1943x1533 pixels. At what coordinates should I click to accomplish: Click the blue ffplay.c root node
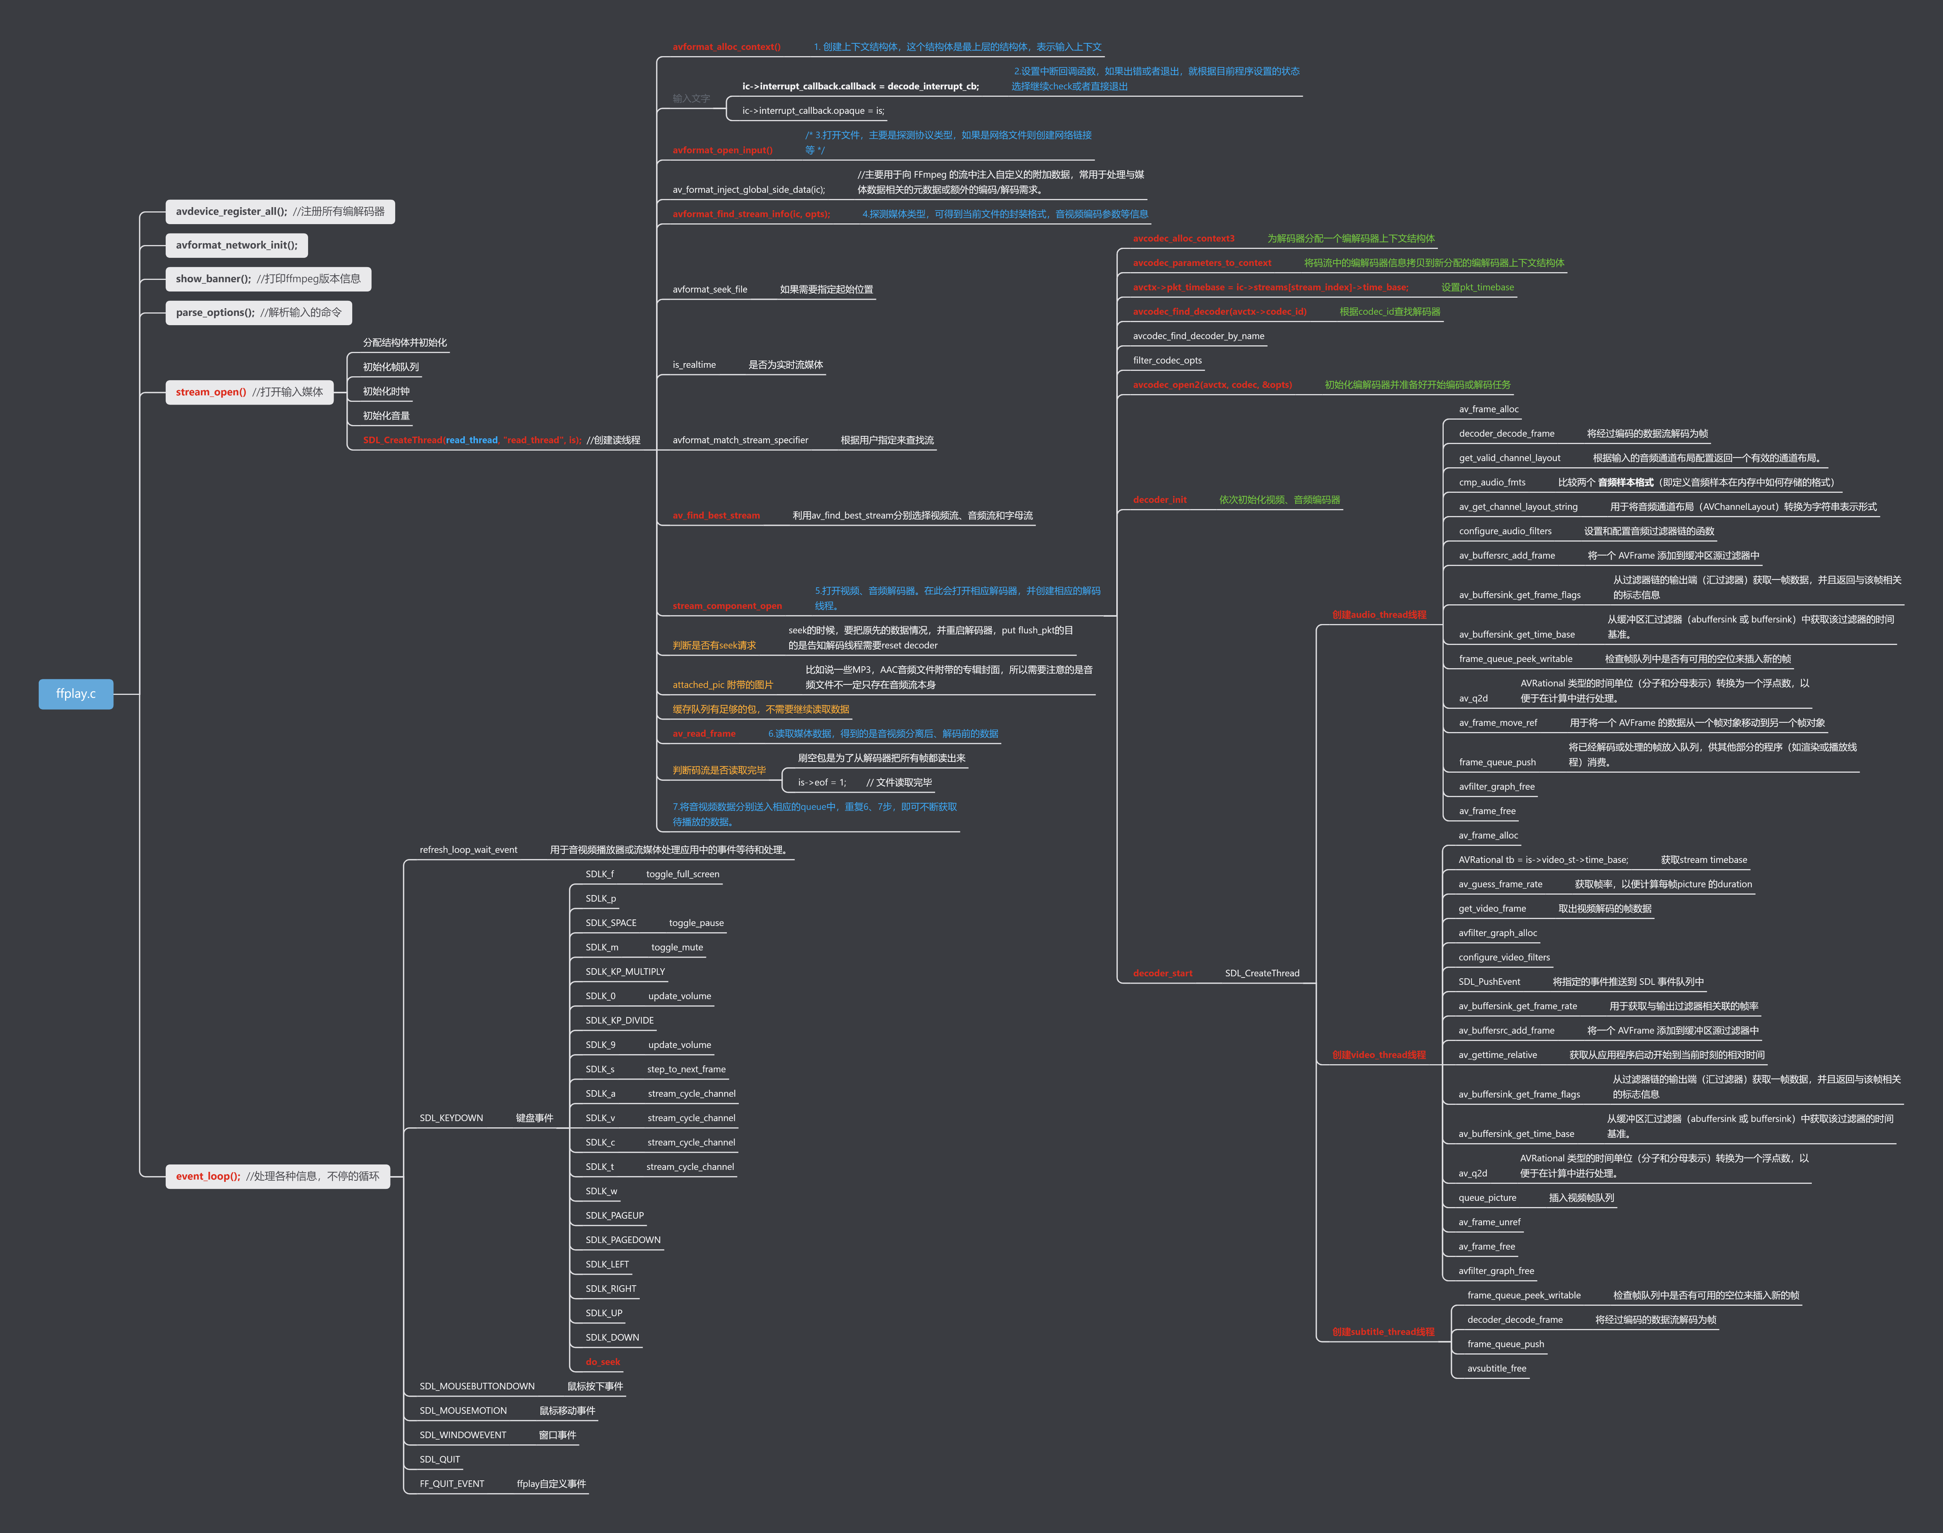tap(75, 694)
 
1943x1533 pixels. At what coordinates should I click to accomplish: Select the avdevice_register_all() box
tap(279, 212)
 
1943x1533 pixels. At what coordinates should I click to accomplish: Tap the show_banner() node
tap(267, 279)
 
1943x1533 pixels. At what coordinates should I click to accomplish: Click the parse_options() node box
tap(259, 312)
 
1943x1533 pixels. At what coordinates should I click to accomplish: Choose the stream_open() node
tap(248, 392)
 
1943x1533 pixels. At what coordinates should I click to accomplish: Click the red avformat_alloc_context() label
tap(726, 47)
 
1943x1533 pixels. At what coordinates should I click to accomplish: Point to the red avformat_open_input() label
tap(721, 150)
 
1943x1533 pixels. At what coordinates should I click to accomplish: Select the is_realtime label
tap(694, 364)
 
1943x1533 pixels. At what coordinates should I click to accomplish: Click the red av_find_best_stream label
tap(715, 515)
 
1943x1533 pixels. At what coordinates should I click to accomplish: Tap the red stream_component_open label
tap(727, 606)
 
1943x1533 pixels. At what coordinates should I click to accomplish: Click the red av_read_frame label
tap(704, 733)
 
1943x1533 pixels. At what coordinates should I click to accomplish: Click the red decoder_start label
tap(1162, 973)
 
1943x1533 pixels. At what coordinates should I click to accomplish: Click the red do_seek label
tap(602, 1362)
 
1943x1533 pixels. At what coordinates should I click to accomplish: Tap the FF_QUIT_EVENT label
tap(451, 1483)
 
